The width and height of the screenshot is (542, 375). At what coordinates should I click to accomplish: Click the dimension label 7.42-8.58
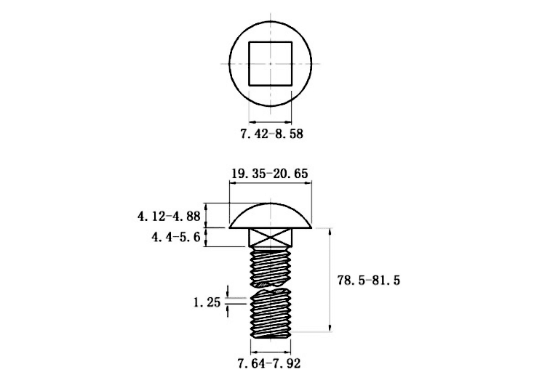271,134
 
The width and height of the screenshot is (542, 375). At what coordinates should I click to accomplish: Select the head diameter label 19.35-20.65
269,174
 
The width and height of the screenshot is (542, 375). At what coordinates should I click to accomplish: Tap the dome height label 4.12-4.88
169,217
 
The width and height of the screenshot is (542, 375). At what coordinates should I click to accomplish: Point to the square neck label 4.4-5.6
176,237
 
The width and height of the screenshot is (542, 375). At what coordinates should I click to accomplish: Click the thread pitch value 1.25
207,303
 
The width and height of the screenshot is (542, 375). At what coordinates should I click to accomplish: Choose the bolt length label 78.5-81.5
368,281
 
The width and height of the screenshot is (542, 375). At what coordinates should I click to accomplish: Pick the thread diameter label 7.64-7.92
269,363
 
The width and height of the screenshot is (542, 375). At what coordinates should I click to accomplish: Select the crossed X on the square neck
271,237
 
